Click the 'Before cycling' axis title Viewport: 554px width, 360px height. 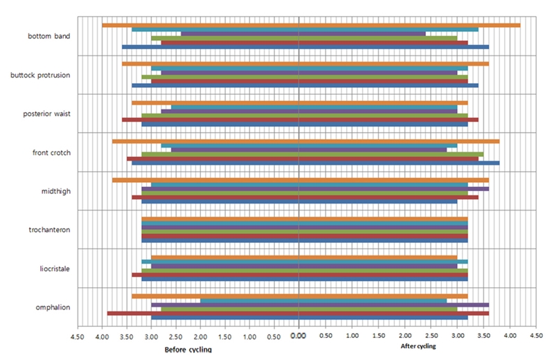(x=188, y=349)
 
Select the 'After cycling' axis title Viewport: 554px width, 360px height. (x=419, y=345)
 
